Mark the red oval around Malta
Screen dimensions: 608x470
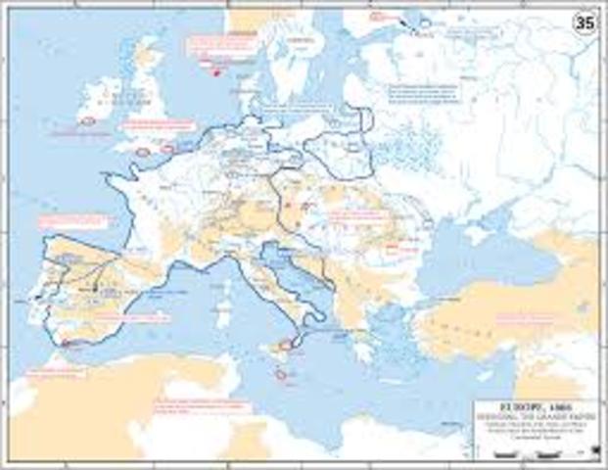282,375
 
